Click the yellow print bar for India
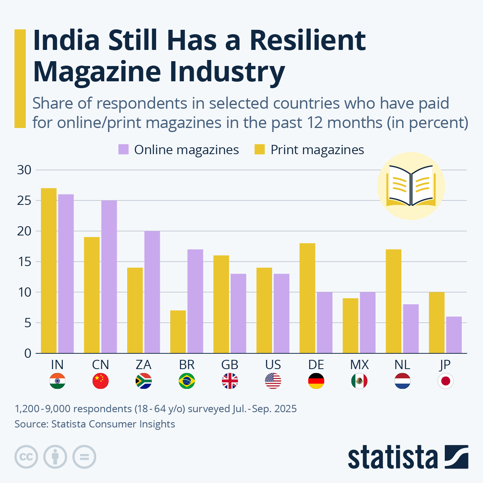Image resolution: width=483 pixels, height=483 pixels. coord(49,271)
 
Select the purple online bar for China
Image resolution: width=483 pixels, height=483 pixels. coord(109,277)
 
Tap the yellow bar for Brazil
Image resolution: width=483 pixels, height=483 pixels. coord(178,332)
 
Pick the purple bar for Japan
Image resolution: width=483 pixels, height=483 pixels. coord(454,335)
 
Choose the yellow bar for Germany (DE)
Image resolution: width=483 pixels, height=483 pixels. coord(308,298)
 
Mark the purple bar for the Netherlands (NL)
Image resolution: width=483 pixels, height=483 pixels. coord(411,329)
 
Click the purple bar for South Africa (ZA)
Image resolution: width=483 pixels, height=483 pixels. coord(152,292)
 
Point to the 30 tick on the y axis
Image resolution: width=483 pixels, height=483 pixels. coord(24,170)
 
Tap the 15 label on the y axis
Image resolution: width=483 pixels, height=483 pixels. coord(24,262)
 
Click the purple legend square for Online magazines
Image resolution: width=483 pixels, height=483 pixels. coord(124,150)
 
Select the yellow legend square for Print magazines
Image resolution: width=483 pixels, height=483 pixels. coord(260,150)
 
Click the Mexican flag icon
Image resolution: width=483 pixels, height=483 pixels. coord(359,381)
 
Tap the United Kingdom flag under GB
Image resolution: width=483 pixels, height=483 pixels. coord(230,381)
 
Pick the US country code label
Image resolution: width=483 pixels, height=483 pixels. coord(273,365)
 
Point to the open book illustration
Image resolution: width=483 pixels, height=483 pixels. coord(411,186)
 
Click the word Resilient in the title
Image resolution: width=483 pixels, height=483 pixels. coord(308,40)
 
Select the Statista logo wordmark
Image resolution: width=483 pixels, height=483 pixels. coord(393,457)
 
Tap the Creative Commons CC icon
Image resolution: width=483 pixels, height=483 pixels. coord(26,457)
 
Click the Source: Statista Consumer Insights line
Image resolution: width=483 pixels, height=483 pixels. coord(95,424)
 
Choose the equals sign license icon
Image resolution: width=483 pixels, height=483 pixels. coord(84,457)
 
